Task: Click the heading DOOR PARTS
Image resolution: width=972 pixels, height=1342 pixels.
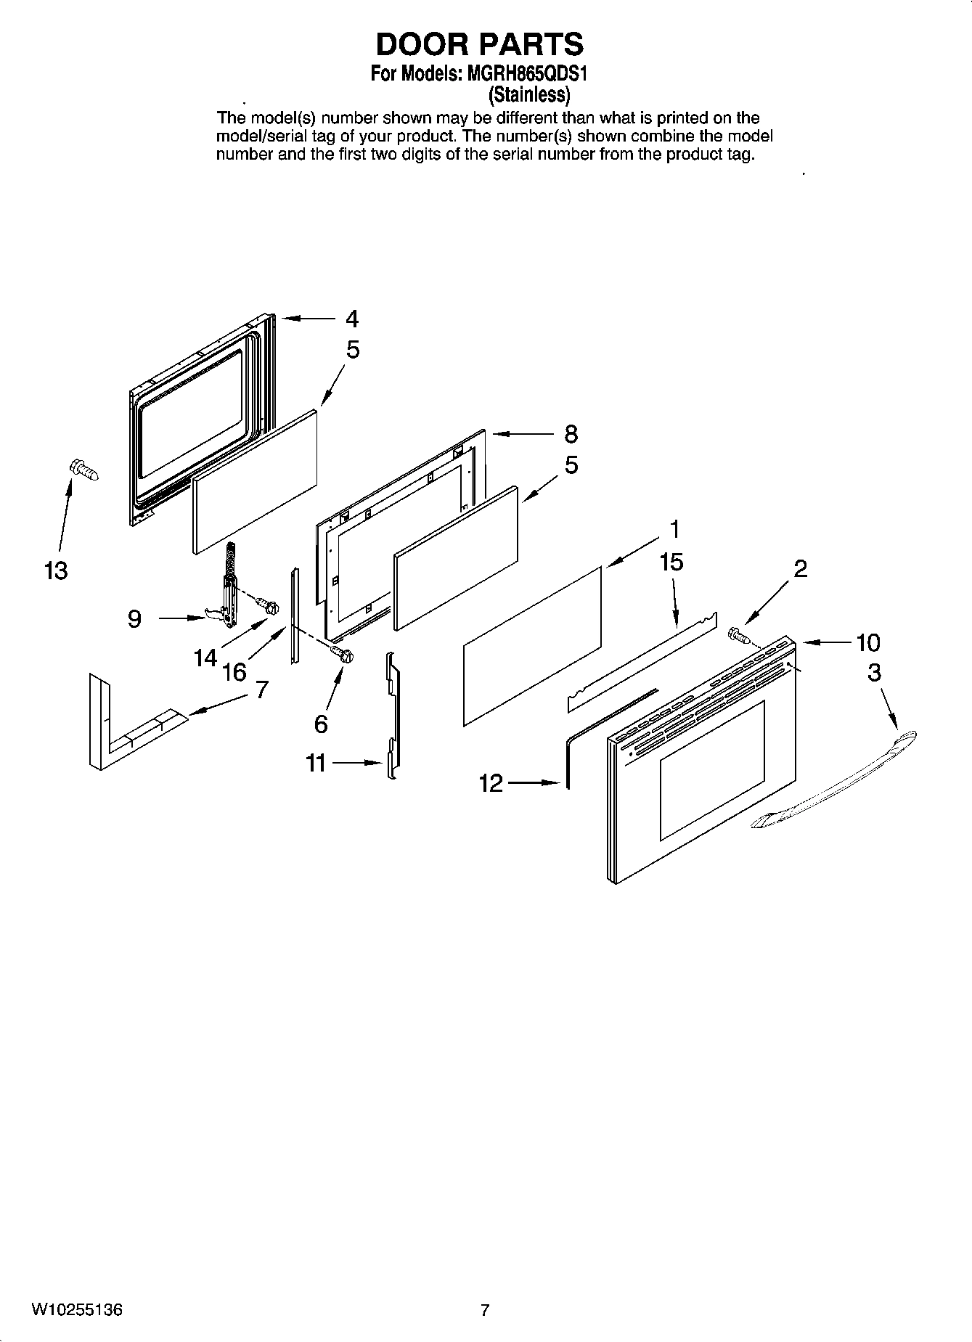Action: coord(479,45)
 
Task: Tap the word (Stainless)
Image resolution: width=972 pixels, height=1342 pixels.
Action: coord(528,94)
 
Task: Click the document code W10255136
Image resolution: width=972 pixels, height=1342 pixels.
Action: coord(77,1310)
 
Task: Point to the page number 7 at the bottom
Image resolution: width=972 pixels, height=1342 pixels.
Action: coord(485,1310)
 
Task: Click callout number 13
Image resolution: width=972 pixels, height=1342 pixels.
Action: coord(55,570)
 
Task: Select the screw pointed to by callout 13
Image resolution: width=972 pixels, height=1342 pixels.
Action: coord(83,470)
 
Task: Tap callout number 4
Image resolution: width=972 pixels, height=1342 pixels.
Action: coord(352,319)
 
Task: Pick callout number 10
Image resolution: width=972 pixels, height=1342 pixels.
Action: coord(867,642)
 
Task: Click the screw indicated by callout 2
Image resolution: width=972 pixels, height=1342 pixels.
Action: coord(739,635)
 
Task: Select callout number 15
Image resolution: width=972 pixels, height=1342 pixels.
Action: coord(671,562)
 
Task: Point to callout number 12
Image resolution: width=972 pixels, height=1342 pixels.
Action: coord(491,783)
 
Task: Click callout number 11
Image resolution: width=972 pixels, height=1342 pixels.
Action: coord(316,763)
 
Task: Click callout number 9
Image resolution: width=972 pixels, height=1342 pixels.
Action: coord(134,619)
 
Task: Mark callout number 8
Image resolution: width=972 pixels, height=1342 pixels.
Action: coord(571,434)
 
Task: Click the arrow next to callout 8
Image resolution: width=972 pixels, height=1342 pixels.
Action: coord(523,434)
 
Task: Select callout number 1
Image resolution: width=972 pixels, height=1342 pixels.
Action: coord(674,530)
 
